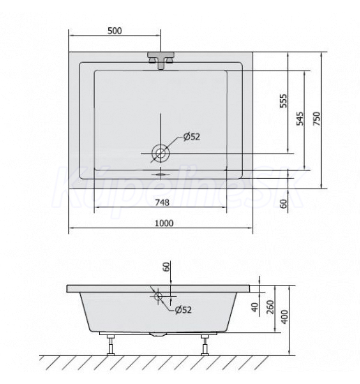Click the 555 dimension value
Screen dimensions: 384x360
pyautogui.click(x=283, y=101)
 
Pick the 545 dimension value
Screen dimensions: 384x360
pyautogui.click(x=300, y=119)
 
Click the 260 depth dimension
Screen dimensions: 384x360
pyautogui.click(x=269, y=307)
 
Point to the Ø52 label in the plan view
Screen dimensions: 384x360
pyautogui.click(x=192, y=137)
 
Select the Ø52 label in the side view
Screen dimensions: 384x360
pyautogui.click(x=183, y=310)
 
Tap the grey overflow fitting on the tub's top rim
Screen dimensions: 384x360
pyautogui.click(x=160, y=59)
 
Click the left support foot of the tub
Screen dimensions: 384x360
pyautogui.click(x=112, y=344)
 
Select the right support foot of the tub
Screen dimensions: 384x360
pyautogui.click(x=205, y=344)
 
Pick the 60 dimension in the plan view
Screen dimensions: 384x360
pyautogui.click(x=283, y=204)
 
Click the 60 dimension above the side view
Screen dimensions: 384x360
pyautogui.click(x=166, y=267)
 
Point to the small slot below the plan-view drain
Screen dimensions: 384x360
pyautogui.click(x=160, y=168)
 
